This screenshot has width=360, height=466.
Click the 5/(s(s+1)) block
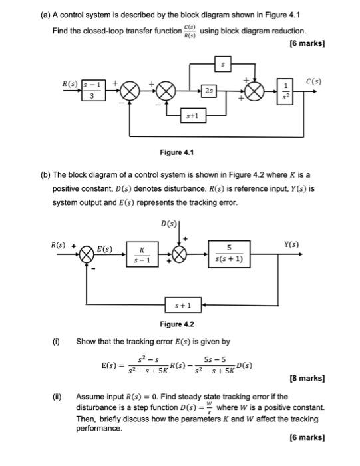228,255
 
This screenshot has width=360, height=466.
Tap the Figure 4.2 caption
177,324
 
